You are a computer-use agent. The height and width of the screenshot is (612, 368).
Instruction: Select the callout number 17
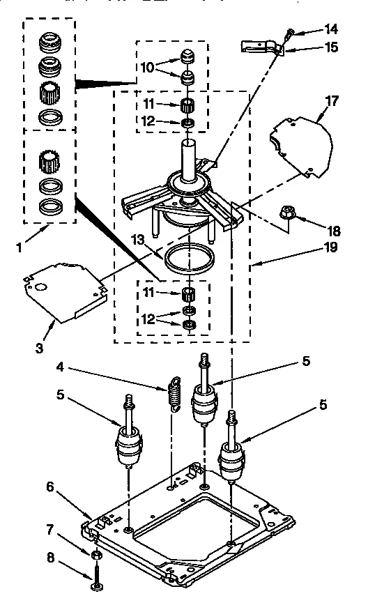332,101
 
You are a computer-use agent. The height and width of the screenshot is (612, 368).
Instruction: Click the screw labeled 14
290,32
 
